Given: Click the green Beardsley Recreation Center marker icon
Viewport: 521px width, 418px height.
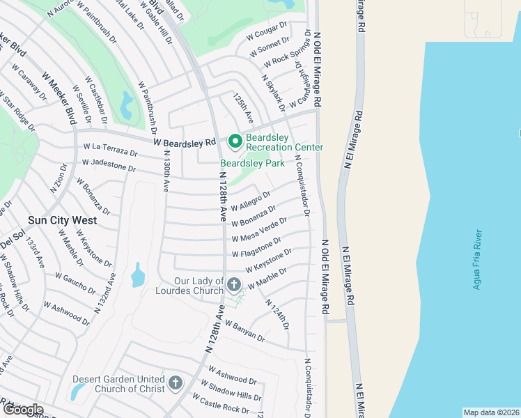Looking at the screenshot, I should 235,141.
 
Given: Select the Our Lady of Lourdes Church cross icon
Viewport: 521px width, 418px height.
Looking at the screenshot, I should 234,284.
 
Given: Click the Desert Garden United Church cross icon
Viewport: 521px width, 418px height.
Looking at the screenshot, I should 175,383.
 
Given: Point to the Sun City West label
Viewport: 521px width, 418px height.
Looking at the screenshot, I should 62,220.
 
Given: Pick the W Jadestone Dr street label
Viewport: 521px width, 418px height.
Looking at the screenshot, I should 109,164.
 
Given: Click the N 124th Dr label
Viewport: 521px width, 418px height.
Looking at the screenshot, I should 277,314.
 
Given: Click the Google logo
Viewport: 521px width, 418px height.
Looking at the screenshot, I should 23,410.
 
